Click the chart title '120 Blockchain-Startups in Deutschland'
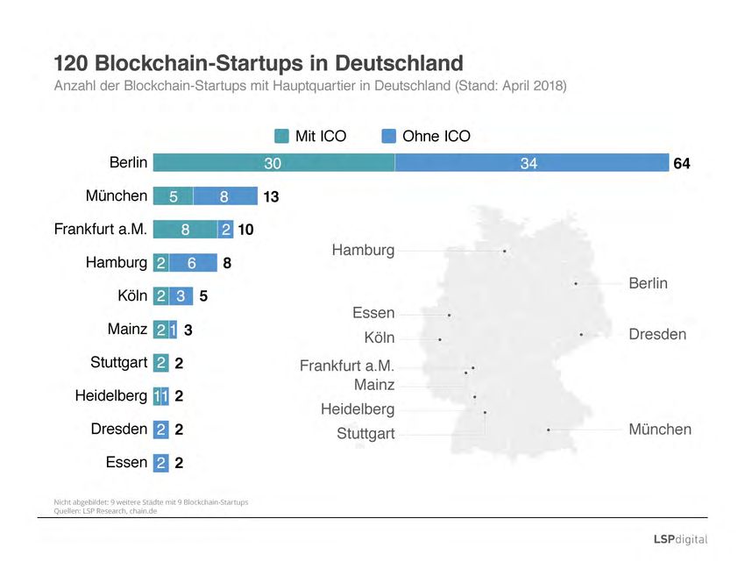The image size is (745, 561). [259, 63]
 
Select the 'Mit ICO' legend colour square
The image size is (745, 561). [281, 136]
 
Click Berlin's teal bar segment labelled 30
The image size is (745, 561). [273, 163]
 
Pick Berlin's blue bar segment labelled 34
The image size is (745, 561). [532, 163]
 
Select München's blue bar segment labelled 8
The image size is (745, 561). [225, 196]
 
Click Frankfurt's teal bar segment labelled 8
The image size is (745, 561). [185, 230]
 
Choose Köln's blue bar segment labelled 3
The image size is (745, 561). [180, 296]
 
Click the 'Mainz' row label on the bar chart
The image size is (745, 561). [126, 330]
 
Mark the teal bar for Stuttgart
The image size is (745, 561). [161, 363]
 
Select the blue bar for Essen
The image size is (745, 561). [161, 463]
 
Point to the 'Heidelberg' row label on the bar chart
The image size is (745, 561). [111, 395]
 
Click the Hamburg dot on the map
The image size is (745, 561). [505, 252]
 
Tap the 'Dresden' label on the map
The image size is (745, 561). [657, 335]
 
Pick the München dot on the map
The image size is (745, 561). [548, 430]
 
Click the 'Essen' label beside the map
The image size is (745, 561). [373, 313]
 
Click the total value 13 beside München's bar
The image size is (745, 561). [271, 197]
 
